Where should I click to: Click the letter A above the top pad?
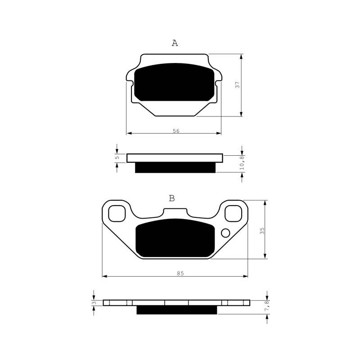[175, 43]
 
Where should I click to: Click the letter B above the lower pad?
[172, 198]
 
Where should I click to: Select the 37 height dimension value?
[238, 85]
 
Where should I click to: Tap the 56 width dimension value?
[176, 131]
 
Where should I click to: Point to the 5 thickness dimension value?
[117, 158]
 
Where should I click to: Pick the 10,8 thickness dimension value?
[242, 163]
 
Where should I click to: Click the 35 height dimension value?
[262, 231]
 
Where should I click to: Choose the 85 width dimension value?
[180, 273]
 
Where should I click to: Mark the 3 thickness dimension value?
[94, 303]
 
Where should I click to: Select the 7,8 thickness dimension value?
[267, 306]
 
